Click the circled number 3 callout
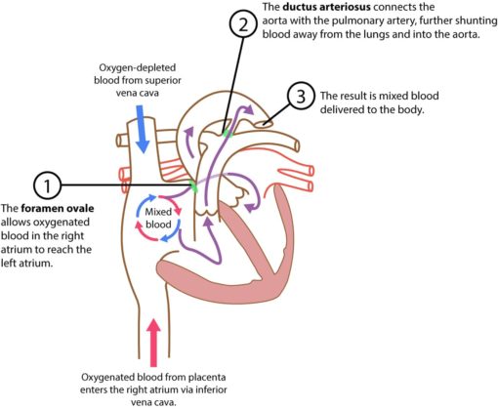click(x=302, y=98)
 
